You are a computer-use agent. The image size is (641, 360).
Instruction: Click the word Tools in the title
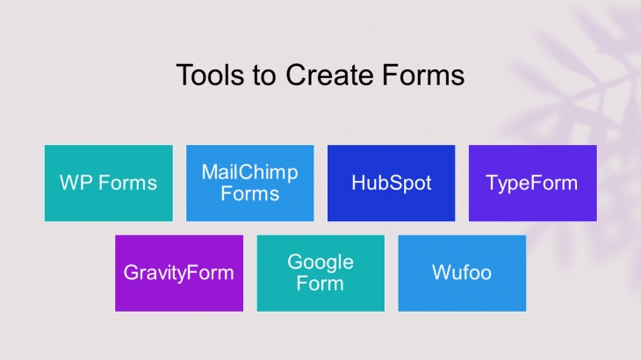click(210, 75)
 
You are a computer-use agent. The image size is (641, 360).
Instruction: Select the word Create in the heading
click(329, 75)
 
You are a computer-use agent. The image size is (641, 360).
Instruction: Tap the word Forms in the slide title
click(423, 75)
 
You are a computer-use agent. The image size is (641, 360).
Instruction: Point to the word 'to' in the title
click(264, 76)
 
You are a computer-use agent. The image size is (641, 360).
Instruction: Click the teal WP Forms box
click(109, 183)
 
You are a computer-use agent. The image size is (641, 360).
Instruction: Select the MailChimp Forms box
click(250, 183)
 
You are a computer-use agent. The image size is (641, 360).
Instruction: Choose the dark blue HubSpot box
click(392, 183)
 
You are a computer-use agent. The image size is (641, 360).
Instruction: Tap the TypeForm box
click(533, 183)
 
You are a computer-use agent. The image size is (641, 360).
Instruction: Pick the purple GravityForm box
click(179, 273)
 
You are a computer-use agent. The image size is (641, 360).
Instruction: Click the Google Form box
click(320, 273)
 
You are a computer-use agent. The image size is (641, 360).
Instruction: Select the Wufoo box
click(462, 273)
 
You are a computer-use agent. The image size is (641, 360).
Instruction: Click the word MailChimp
click(249, 173)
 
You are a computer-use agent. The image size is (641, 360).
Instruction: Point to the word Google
click(320, 263)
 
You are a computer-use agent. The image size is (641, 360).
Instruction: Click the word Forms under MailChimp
click(250, 194)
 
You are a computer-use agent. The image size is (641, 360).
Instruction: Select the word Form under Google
click(320, 284)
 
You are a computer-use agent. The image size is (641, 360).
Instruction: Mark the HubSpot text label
click(392, 184)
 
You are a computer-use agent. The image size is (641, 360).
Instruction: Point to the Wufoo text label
click(462, 272)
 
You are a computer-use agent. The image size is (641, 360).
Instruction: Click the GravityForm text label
click(178, 273)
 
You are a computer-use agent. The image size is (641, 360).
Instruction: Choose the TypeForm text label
click(532, 184)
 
